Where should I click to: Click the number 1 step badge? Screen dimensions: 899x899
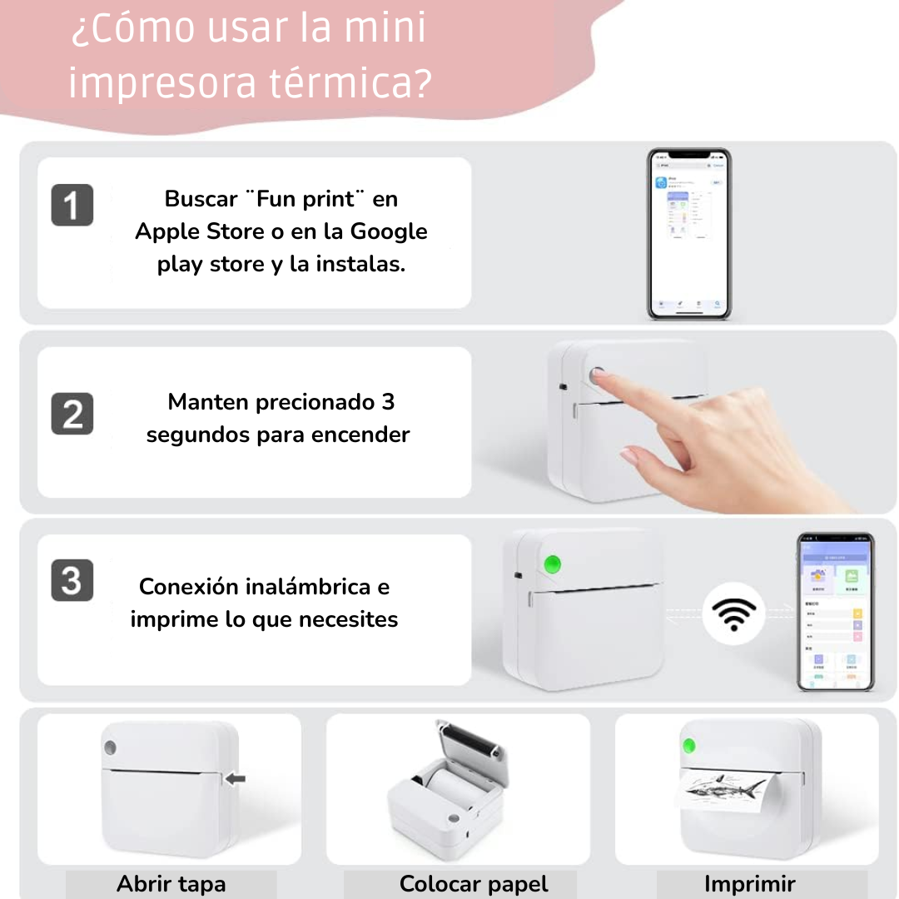pyautogui.click(x=72, y=206)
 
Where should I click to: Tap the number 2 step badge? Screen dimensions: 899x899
pyautogui.click(x=72, y=414)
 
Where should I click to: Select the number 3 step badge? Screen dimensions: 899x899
pyautogui.click(x=72, y=580)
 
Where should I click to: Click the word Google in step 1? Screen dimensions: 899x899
pyautogui.click(x=389, y=231)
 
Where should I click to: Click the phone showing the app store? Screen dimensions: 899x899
pyautogui.click(x=689, y=234)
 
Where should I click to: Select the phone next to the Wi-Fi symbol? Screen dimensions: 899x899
pyautogui.click(x=835, y=612)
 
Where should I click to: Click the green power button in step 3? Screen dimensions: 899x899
pyautogui.click(x=551, y=564)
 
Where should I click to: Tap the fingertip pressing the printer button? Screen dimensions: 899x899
pyautogui.click(x=600, y=375)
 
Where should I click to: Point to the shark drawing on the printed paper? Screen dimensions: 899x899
pyautogui.click(x=720, y=787)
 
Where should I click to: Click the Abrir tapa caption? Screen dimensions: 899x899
pyautogui.click(x=171, y=883)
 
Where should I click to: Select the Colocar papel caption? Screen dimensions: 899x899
pyautogui.click(x=474, y=883)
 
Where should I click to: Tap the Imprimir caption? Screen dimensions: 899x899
pyautogui.click(x=749, y=883)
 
